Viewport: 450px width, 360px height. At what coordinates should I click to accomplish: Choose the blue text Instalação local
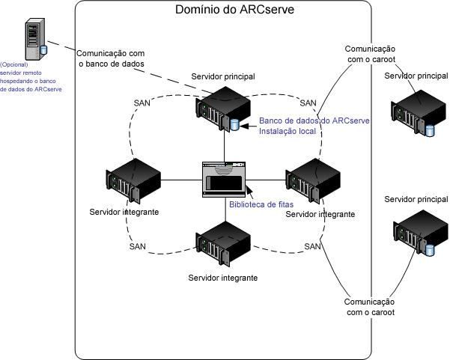tap(287, 132)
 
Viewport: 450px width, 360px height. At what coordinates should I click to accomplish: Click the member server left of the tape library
tap(134, 180)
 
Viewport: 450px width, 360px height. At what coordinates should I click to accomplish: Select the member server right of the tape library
tap(313, 180)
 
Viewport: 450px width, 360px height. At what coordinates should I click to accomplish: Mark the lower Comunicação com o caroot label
tap(369, 306)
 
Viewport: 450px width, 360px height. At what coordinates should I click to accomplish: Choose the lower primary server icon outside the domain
tap(417, 234)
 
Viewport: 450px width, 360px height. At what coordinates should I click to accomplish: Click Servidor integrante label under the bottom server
tap(223, 277)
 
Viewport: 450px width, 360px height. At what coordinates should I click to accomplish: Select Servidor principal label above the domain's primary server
tap(223, 76)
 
